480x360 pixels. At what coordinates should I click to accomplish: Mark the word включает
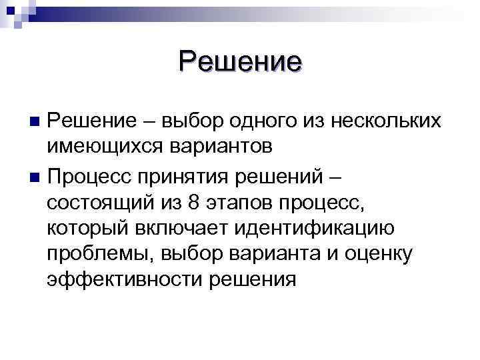pos(176,228)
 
